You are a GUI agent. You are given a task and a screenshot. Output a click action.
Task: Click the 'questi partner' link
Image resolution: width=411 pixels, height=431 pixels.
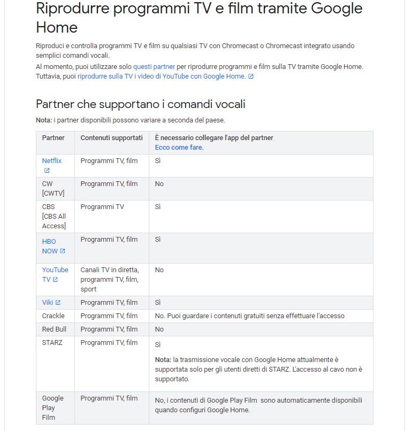click(x=154, y=67)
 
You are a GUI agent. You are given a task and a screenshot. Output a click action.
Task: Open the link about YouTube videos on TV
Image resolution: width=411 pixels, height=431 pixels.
click(x=162, y=76)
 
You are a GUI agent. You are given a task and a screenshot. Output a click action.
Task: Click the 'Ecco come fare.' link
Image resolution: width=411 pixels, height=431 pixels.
click(x=179, y=148)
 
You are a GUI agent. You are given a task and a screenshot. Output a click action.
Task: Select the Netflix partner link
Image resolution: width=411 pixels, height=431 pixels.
click(x=52, y=161)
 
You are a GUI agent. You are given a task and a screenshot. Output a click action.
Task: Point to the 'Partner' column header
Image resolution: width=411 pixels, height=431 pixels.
click(x=54, y=138)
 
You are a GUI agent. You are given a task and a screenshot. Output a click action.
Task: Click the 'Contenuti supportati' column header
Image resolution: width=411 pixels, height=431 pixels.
click(x=111, y=138)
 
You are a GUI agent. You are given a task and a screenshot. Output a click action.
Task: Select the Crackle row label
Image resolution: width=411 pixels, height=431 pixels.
click(x=53, y=316)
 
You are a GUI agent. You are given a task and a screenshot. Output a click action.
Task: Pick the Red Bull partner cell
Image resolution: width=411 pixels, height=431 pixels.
click(x=54, y=329)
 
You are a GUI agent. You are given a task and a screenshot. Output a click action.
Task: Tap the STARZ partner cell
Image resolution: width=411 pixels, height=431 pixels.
click(x=52, y=343)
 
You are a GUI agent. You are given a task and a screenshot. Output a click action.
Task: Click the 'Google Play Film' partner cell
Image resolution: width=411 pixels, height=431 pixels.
click(x=52, y=407)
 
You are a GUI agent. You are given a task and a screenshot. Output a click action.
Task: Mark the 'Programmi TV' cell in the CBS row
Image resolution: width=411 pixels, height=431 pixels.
click(x=102, y=207)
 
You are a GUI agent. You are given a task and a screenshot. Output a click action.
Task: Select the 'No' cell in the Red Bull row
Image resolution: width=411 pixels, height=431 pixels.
click(x=159, y=329)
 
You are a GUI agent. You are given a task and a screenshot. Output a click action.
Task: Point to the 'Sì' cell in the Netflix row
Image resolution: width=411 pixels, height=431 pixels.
click(x=158, y=161)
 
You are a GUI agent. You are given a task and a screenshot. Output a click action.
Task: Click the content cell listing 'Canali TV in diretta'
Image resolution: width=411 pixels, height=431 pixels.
click(x=110, y=279)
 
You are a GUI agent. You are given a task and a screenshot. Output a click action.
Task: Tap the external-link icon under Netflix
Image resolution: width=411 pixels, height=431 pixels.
click(x=47, y=171)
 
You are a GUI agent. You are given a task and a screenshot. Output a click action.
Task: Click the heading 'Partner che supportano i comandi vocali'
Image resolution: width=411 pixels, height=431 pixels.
click(x=140, y=104)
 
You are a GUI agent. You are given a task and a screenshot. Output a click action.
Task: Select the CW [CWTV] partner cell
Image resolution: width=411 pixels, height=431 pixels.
click(x=53, y=188)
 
